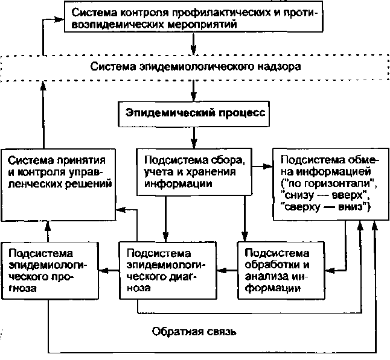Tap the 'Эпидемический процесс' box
coord(194,113)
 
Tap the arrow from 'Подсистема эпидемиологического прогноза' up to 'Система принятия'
coord(47,229)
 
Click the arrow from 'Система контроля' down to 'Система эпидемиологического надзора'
coord(194,43)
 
